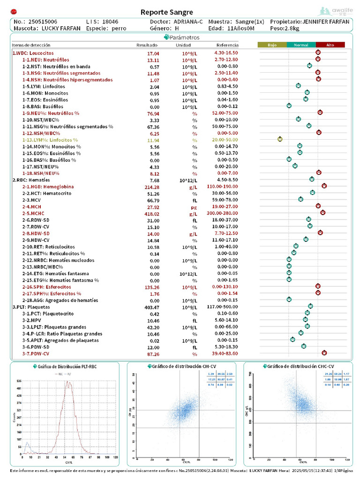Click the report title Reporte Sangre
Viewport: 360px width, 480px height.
click(166, 12)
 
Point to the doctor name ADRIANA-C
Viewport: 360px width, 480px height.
click(188, 22)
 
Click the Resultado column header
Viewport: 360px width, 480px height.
click(147, 45)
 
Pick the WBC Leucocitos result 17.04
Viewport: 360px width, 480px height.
click(153, 53)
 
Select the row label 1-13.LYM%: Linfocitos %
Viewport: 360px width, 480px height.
click(50, 140)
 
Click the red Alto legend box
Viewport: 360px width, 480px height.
click(330, 45)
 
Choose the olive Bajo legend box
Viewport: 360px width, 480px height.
click(272, 45)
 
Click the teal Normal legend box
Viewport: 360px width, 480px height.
click(301, 45)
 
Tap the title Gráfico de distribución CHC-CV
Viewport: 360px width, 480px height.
click(300, 366)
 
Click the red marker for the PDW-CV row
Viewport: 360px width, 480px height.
click(324, 352)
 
